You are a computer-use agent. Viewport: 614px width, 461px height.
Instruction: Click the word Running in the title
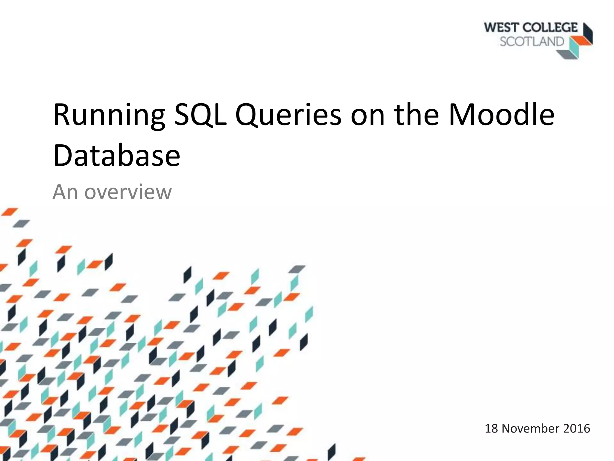pyautogui.click(x=109, y=116)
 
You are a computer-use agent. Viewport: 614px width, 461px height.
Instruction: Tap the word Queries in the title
pyautogui.click(x=288, y=116)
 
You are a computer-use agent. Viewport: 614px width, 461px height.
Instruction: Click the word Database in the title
pyautogui.click(x=116, y=155)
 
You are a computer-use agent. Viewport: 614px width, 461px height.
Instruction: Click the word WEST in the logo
pyautogui.click(x=501, y=28)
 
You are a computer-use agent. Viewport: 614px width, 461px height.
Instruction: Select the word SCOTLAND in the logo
pyautogui.click(x=532, y=42)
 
